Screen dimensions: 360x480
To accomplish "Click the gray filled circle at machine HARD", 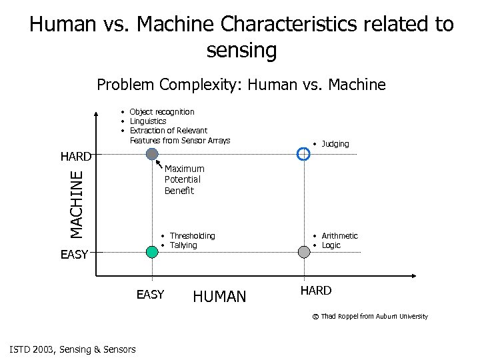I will (153, 154).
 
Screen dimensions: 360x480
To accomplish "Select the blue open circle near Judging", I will (303, 154).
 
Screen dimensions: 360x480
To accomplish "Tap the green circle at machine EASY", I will (153, 251).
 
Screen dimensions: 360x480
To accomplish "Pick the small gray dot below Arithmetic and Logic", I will (304, 251).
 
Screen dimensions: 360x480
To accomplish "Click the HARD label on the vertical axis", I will (75, 157).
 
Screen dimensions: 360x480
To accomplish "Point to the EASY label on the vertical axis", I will (74, 254).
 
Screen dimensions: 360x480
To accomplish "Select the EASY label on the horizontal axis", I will (150, 294).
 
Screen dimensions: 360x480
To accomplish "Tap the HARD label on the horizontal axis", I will (315, 291).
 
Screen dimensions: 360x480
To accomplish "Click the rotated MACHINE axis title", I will (78, 203).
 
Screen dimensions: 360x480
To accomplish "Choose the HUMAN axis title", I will (219, 297).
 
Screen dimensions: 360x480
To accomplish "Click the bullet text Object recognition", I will (162, 112).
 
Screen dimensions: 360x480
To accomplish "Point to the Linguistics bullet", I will (148, 121).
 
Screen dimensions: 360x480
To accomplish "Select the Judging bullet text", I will (335, 144).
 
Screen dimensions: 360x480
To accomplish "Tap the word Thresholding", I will (192, 236).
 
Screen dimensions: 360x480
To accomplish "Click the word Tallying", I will (183, 245).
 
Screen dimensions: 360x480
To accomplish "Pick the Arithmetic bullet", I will (339, 236).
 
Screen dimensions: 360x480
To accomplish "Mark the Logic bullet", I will (331, 245).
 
